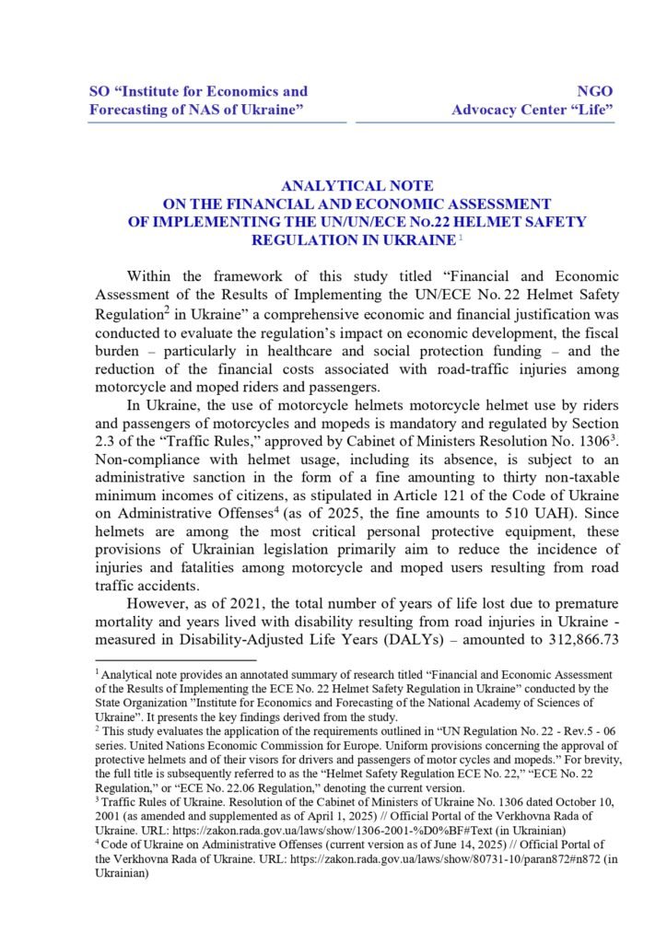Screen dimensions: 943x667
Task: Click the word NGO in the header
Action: point(594,91)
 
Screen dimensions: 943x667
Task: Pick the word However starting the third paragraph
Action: point(159,602)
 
